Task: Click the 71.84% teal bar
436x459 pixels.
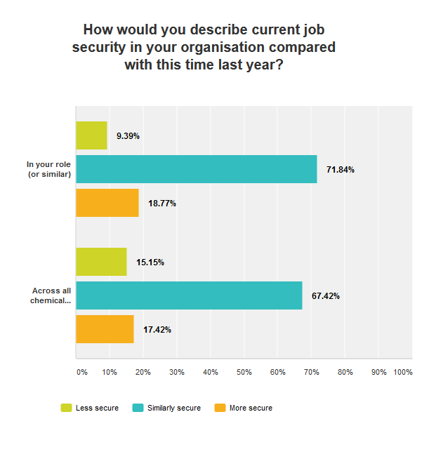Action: [x=197, y=169]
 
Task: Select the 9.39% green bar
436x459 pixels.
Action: [x=91, y=135]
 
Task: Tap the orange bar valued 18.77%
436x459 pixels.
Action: [x=107, y=203]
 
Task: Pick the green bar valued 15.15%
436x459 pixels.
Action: [x=101, y=262]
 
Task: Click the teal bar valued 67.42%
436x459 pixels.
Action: [x=189, y=295]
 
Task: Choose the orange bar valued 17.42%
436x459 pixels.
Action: [x=105, y=329]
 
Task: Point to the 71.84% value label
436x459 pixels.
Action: [x=341, y=170]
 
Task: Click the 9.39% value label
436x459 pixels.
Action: [x=128, y=136]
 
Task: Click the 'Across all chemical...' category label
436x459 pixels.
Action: [x=51, y=296]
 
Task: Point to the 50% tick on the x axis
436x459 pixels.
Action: [x=244, y=372]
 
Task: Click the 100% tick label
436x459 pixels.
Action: [x=403, y=372]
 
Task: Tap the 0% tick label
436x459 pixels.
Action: [x=81, y=372]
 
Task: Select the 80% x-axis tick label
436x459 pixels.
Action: [x=345, y=372]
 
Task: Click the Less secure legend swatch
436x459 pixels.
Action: [x=67, y=408]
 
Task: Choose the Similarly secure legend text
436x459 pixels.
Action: [x=174, y=408]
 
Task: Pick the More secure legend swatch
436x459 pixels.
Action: [x=220, y=408]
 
